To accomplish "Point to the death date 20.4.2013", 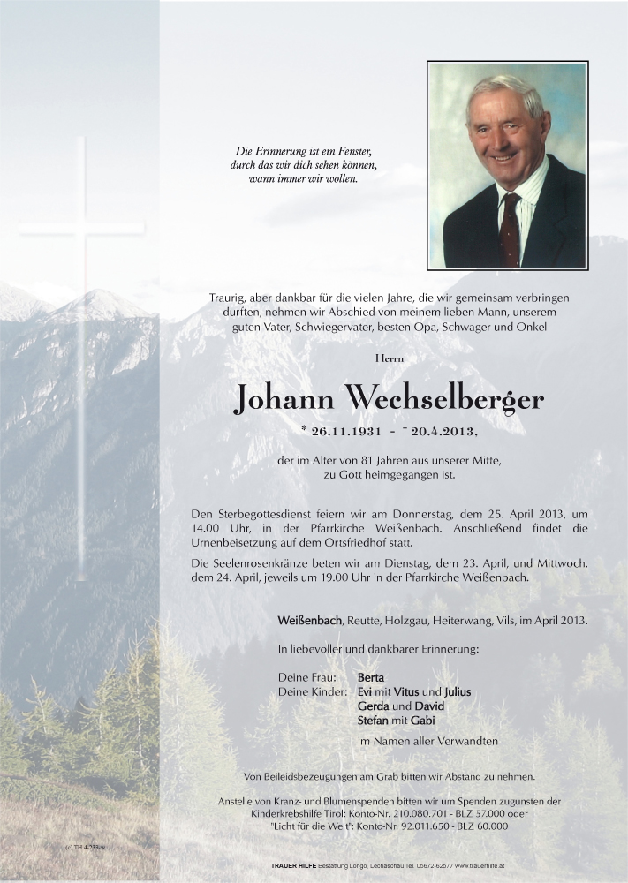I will coord(442,432).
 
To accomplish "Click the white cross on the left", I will coord(81,353).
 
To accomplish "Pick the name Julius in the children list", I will coord(458,692).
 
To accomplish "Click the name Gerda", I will coord(373,706).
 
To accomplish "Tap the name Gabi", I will coord(422,721).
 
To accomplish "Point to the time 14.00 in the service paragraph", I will coord(205,528).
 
